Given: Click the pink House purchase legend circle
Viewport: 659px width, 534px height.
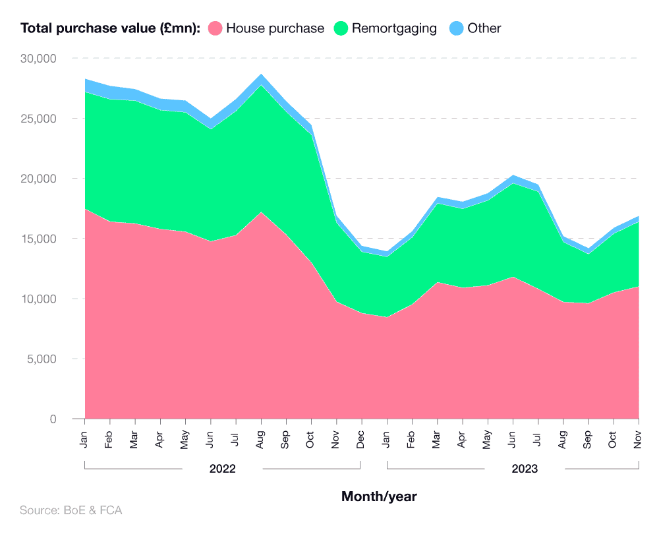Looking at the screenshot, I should [215, 28].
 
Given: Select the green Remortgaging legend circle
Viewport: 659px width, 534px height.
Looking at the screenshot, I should [341, 28].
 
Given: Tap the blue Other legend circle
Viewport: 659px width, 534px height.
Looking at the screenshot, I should [456, 28].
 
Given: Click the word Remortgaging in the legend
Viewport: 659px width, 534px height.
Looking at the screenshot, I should [394, 28].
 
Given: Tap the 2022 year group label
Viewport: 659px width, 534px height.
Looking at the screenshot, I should [223, 469].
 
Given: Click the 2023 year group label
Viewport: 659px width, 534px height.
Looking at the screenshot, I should [525, 469].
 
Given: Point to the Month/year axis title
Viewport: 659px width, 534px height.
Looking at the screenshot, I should [379, 496].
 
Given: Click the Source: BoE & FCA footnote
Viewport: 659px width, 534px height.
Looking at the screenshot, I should [71, 510].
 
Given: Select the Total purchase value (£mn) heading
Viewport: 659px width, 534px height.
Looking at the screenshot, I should [110, 28].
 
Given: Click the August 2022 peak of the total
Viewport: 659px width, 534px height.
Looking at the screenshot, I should [262, 74].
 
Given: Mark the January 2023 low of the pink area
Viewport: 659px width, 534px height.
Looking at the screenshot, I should [387, 317].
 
